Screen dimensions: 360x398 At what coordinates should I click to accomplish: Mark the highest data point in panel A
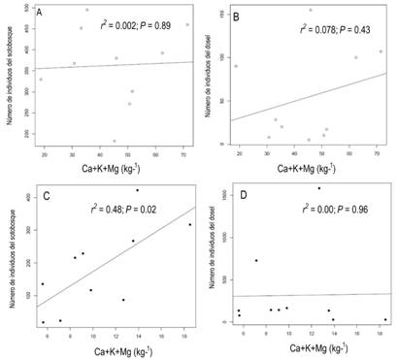pyautogui.click(x=86, y=10)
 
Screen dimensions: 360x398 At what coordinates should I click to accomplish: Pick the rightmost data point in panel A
pyautogui.click(x=187, y=25)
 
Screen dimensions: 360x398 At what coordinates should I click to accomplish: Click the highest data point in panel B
pyautogui.click(x=311, y=11)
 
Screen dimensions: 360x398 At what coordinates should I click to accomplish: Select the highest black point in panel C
pyautogui.click(x=137, y=190)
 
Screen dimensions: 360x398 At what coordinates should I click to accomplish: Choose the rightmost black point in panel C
pyautogui.click(x=190, y=225)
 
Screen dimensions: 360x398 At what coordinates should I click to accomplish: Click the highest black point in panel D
pyautogui.click(x=318, y=188)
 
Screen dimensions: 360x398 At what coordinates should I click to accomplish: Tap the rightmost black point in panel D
pyautogui.click(x=384, y=319)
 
